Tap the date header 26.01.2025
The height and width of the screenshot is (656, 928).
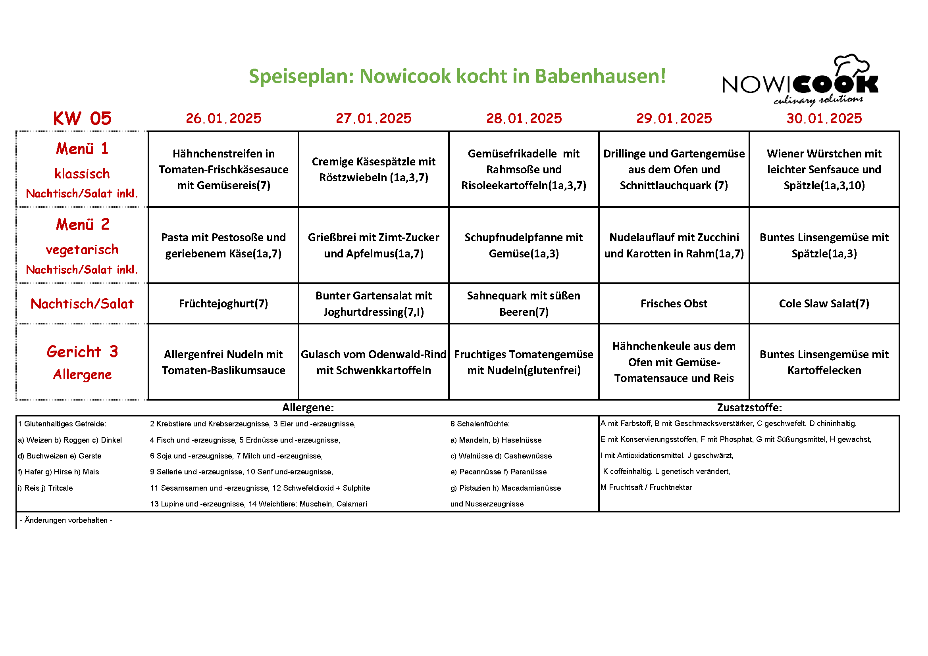pos(223,118)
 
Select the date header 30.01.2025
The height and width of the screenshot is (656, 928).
pos(824,118)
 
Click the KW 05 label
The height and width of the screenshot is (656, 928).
pos(82,119)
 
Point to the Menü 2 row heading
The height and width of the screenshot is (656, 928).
pos(82,224)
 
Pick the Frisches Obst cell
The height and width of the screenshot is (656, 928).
pos(673,304)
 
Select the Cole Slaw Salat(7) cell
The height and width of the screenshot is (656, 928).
pos(824,304)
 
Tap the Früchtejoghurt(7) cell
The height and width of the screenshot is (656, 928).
pos(223,304)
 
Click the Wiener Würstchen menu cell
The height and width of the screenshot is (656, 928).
pos(824,169)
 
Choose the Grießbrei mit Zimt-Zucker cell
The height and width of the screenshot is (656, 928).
pos(374,245)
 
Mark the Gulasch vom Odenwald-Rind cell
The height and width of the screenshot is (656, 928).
pos(374,362)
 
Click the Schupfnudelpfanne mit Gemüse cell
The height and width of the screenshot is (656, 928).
pos(524,245)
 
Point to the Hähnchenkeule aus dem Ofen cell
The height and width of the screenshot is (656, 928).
pos(673,362)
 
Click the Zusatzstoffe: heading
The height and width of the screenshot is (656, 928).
pos(749,408)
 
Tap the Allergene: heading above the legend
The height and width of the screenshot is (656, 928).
pos(308,408)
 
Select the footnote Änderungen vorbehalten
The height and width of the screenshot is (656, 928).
pos(66,520)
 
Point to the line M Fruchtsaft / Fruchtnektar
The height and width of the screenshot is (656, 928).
pos(646,487)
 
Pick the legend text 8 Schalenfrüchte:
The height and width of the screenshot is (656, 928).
pos(480,424)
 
